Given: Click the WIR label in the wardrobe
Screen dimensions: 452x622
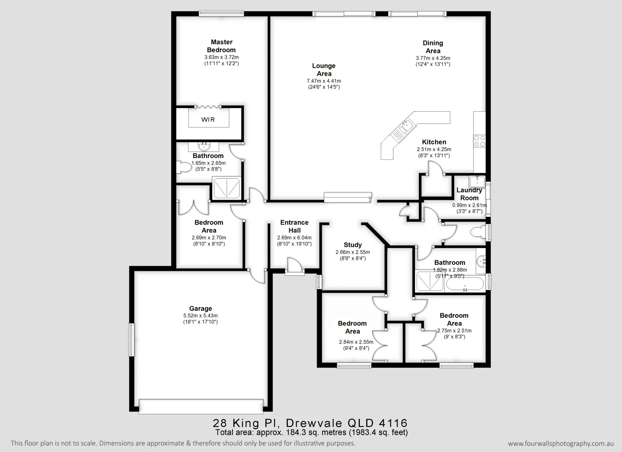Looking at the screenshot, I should [208, 120].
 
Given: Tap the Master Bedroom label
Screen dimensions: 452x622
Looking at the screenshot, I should [222, 46].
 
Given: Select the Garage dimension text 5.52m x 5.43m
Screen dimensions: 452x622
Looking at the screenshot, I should [201, 316].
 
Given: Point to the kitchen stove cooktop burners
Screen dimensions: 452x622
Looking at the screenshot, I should [479, 141].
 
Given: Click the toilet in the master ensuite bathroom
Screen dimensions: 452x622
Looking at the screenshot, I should [183, 167].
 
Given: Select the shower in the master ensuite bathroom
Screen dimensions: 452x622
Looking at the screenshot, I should [227, 188].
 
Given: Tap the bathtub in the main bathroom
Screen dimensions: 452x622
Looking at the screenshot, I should [465, 284].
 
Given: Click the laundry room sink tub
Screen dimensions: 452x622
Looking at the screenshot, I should [477, 181].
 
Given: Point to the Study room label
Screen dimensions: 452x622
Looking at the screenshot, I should [353, 245].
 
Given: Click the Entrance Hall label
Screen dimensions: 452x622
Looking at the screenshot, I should [294, 226].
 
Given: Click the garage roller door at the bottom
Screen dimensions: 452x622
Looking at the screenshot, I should [201, 406].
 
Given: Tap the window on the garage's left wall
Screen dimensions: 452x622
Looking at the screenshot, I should [132, 339].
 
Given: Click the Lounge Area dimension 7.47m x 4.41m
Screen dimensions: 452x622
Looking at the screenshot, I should [324, 81].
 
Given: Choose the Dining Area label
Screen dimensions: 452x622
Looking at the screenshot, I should [433, 47].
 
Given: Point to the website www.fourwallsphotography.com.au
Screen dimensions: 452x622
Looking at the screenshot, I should [561, 444].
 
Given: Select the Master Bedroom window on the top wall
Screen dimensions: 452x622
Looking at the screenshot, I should [222, 13].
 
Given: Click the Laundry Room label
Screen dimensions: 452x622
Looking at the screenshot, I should [469, 194].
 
